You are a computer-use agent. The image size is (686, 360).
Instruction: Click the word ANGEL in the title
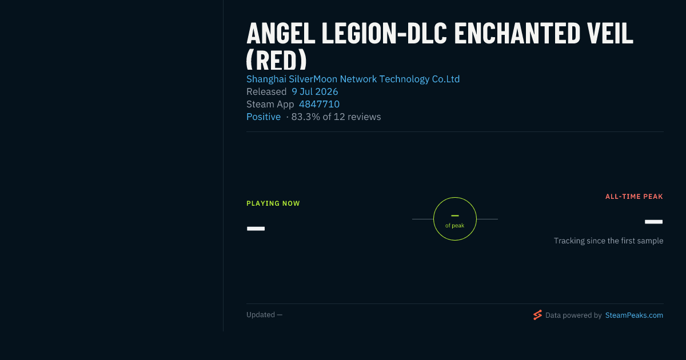click(281, 33)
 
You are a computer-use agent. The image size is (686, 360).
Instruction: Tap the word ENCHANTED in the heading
click(517, 33)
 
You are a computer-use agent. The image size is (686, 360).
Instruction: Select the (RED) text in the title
click(276, 59)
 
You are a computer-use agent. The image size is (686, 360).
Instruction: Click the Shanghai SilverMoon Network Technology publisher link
click(353, 79)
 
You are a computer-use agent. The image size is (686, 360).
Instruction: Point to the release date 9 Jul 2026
click(315, 91)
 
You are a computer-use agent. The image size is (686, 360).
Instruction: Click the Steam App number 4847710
click(319, 104)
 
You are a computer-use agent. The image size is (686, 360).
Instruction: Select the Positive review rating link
click(264, 117)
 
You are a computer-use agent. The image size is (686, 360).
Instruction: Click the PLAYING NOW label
click(273, 203)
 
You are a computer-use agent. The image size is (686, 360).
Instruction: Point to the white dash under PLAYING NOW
click(256, 229)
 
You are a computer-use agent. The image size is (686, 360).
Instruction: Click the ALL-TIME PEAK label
click(634, 197)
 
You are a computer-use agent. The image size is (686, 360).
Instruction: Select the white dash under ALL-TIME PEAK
click(653, 222)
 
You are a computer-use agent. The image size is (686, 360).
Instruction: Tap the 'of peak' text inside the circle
click(455, 226)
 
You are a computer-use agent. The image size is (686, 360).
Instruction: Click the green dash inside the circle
click(455, 216)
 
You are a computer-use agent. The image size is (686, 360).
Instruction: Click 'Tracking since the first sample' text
click(608, 241)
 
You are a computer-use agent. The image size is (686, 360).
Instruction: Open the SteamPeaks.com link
click(634, 315)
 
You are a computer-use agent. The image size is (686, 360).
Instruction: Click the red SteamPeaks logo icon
click(537, 315)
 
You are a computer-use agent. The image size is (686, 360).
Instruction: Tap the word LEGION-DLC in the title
click(384, 33)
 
